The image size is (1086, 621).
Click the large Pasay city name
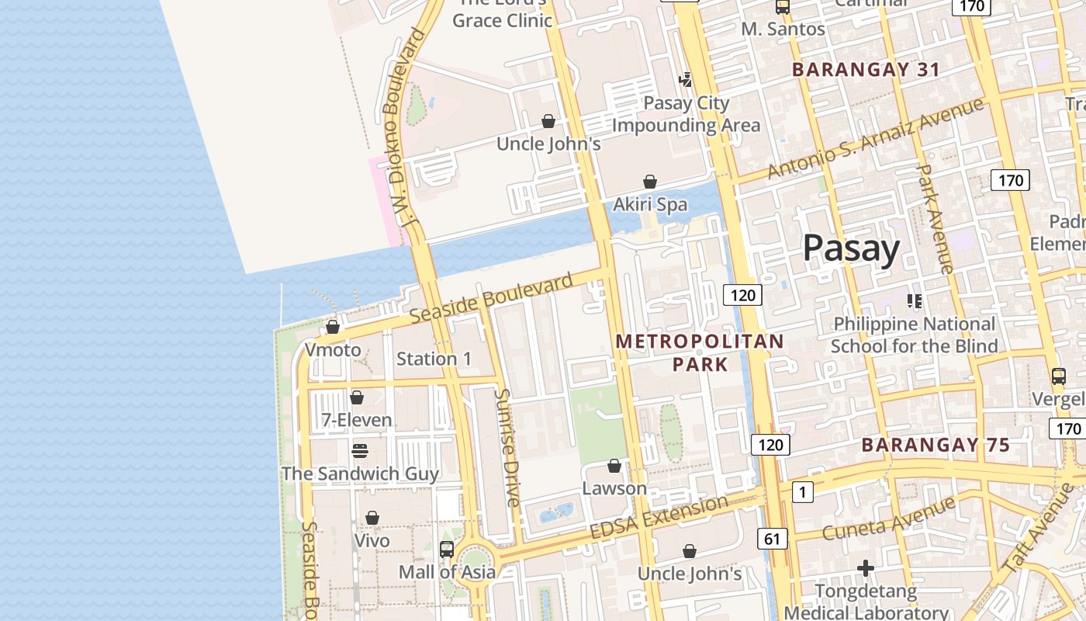851,248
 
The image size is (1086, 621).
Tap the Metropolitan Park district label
700,352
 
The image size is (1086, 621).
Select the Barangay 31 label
866,69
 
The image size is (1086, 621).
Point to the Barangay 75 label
936,445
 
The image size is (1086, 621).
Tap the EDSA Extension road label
659,517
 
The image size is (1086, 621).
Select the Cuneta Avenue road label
888,519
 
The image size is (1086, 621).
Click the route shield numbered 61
772,539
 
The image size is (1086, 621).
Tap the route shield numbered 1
802,491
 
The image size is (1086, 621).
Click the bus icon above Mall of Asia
447,550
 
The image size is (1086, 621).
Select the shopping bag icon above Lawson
614,466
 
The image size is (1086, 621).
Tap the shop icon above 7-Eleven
357,397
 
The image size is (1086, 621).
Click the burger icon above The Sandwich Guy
359,450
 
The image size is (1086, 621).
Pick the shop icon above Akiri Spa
650,182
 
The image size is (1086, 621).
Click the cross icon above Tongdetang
866,569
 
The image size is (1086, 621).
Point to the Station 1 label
434,359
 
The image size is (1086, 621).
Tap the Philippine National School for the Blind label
914,335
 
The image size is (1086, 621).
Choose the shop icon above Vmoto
333,327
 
